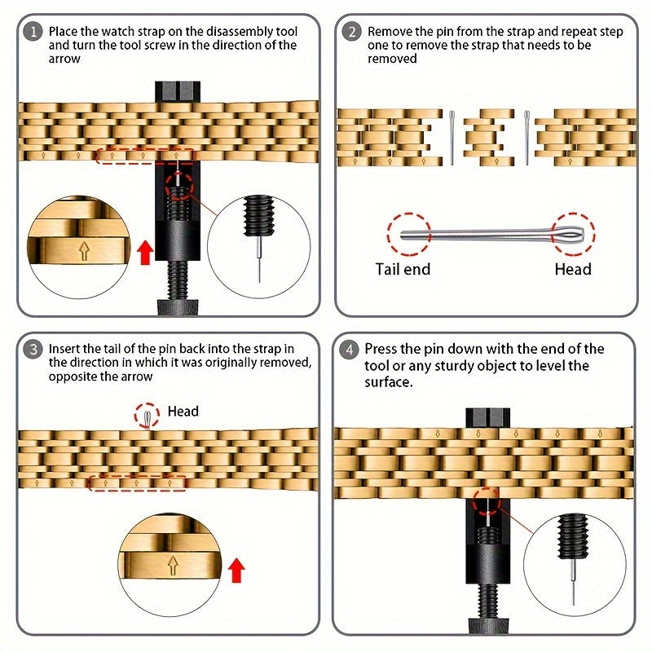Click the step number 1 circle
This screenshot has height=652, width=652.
pos(33,32)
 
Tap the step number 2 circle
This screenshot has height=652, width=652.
pos(351,32)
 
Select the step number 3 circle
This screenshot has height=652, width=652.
pos(33,349)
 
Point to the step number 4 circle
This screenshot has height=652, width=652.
pos(349,349)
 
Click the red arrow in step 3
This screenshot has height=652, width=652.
pos(236,570)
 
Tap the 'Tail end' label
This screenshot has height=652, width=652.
pos(403,269)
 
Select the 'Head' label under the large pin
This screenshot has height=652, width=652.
pos(573,269)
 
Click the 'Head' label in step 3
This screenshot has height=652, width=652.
pos(183,412)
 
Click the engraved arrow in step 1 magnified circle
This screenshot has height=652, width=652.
pos(85,252)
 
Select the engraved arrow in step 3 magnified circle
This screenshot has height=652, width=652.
pos(173,566)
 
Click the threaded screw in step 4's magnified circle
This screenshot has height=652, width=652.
pos(573,536)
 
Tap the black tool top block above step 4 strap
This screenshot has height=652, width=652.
pos(487,417)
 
